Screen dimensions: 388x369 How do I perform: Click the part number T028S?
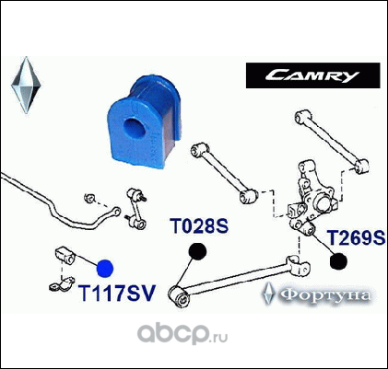click(199, 226)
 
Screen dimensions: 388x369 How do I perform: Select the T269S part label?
click(356, 237)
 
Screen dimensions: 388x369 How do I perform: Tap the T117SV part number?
click(117, 293)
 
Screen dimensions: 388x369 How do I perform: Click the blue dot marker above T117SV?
click(105, 268)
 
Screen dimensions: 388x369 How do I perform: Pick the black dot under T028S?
click(197, 251)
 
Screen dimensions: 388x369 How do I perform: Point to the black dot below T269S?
click(338, 261)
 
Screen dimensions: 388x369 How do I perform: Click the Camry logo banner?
click(313, 75)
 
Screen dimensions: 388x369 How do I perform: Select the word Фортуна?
click(325, 295)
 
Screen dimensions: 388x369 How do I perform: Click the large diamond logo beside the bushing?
click(26, 85)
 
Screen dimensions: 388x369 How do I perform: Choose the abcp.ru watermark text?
click(182, 334)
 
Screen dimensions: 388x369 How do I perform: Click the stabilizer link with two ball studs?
click(136, 209)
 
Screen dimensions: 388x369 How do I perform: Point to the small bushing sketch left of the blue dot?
click(65, 255)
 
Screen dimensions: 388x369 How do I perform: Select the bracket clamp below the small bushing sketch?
click(62, 284)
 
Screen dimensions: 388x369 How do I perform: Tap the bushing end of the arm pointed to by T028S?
click(179, 295)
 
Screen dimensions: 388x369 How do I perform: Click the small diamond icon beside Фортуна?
click(268, 294)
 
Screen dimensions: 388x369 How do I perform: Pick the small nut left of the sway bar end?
click(89, 198)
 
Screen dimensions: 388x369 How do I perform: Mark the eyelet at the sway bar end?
click(116, 212)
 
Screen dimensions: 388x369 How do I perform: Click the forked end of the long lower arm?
click(298, 265)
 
